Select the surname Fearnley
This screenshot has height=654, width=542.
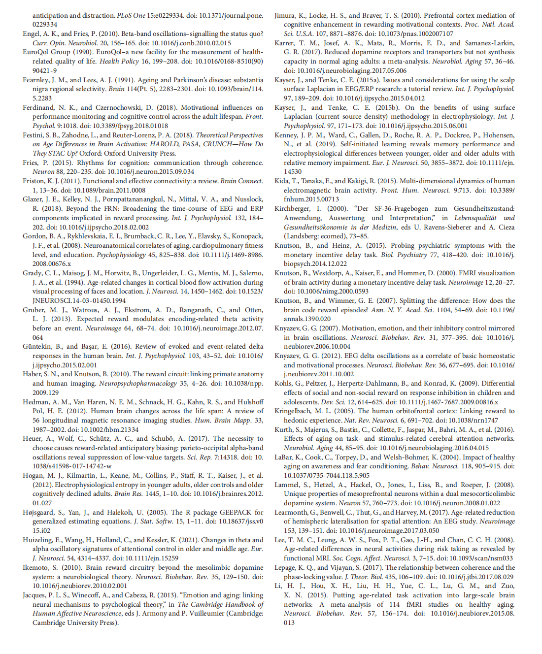click(x=36, y=80)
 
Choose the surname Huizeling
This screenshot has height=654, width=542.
click(x=39, y=540)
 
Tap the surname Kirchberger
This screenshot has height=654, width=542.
click(x=292, y=209)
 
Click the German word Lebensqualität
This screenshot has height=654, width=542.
click(x=475, y=218)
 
